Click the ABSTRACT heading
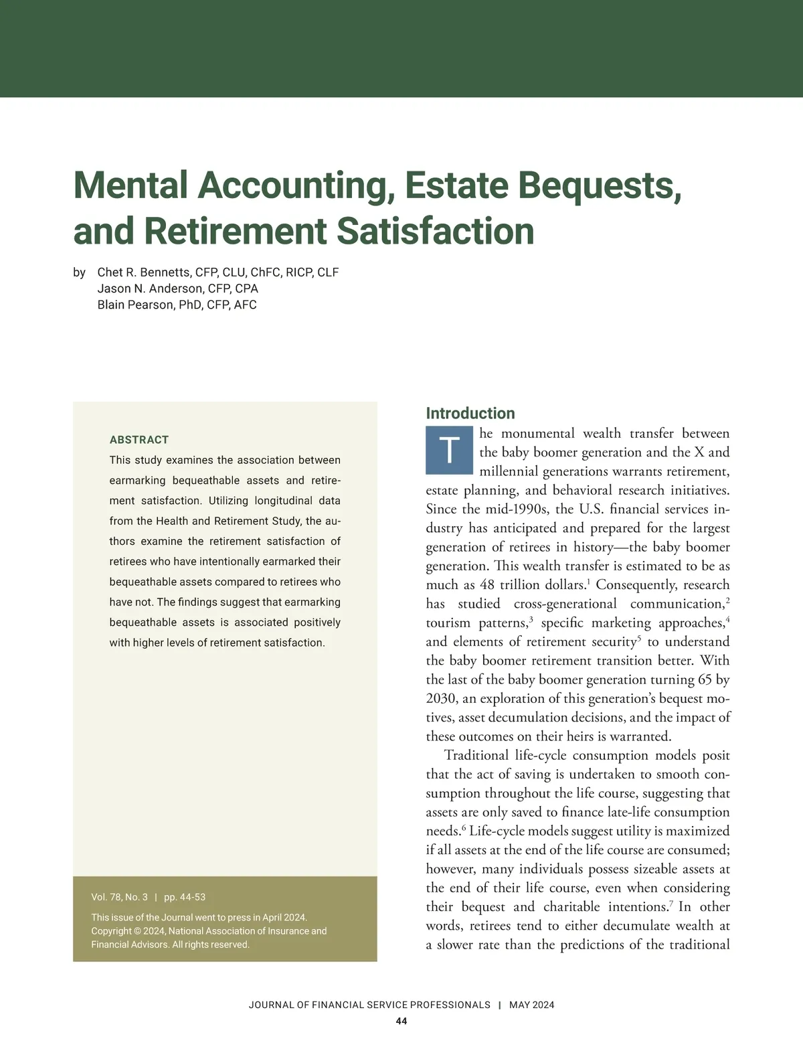point(139,440)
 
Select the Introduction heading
point(470,413)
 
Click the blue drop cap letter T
point(450,450)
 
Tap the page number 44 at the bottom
point(401,1021)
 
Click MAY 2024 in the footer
point(531,1005)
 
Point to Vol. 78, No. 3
point(119,897)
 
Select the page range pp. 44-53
point(185,897)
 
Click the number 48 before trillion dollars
point(487,585)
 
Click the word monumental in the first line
point(537,433)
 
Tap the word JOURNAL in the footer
point(271,1005)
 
